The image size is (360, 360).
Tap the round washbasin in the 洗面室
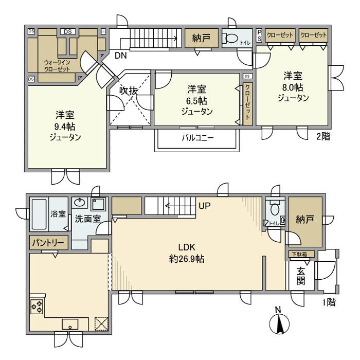click(80, 203)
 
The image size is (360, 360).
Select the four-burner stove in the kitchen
click(37, 307)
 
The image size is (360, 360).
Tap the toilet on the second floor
click(232, 39)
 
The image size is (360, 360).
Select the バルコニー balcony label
click(197, 138)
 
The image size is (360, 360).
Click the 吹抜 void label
click(129, 91)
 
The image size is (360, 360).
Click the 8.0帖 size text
click(292, 87)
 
